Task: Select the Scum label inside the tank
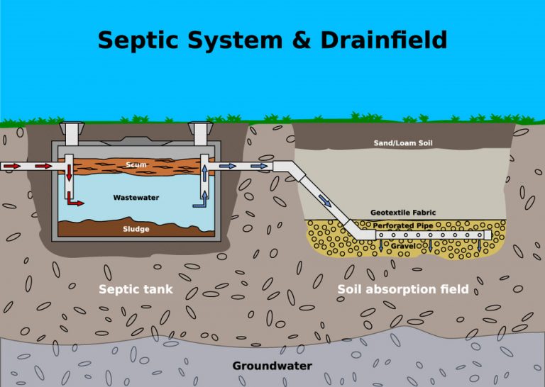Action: (x=136, y=165)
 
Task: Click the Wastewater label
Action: (x=136, y=198)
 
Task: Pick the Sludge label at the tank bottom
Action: (x=136, y=229)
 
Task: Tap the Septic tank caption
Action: (x=136, y=289)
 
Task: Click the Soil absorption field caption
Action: (x=402, y=289)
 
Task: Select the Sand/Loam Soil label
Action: (x=403, y=143)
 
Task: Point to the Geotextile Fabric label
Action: (x=403, y=213)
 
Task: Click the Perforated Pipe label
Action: (x=403, y=226)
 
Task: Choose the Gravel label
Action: (x=403, y=246)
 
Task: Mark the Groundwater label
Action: (x=272, y=366)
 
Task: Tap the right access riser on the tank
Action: (x=201, y=133)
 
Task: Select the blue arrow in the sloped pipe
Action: (x=324, y=201)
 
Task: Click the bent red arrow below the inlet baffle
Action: (x=74, y=202)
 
